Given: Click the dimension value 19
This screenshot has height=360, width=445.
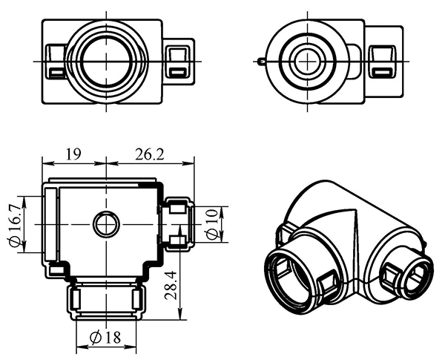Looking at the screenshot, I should [x=73, y=154].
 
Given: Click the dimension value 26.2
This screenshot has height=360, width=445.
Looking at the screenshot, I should [x=150, y=154].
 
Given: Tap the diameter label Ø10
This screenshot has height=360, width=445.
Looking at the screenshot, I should [x=212, y=223].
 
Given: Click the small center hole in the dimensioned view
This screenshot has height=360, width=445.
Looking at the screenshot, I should [x=106, y=223].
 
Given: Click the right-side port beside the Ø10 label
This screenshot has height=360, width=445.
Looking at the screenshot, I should [x=178, y=223].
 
